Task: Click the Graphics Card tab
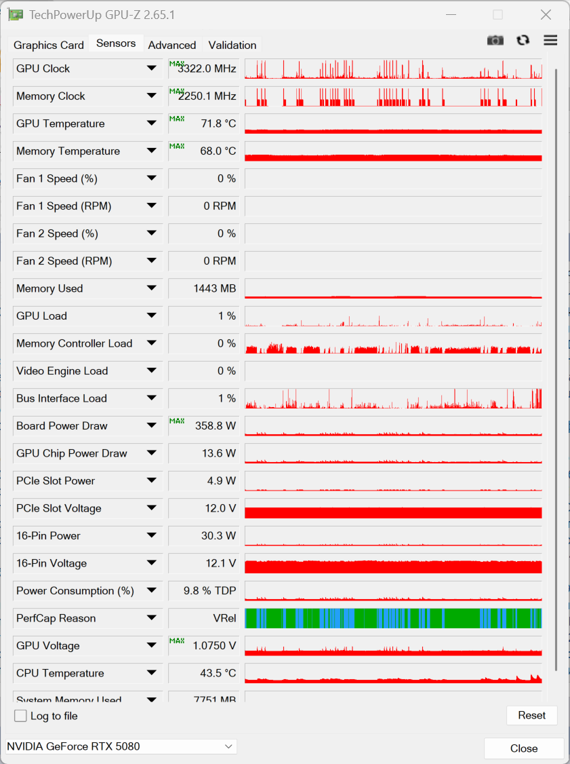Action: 49,45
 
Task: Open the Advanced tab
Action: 172,45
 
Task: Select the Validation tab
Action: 232,45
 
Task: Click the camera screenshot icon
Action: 495,41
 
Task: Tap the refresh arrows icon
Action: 523,41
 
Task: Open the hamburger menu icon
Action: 550,41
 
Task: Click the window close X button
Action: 546,15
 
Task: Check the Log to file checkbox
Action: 21,716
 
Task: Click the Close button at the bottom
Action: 524,748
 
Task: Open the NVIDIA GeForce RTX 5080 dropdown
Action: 121,746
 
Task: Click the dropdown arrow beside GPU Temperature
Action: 152,123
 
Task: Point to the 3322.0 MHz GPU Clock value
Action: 207,69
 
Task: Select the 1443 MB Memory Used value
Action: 214,288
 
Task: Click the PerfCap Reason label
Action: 56,618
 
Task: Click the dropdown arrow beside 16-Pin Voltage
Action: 152,563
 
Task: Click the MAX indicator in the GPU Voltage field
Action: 177,641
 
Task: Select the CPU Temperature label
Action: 60,673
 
